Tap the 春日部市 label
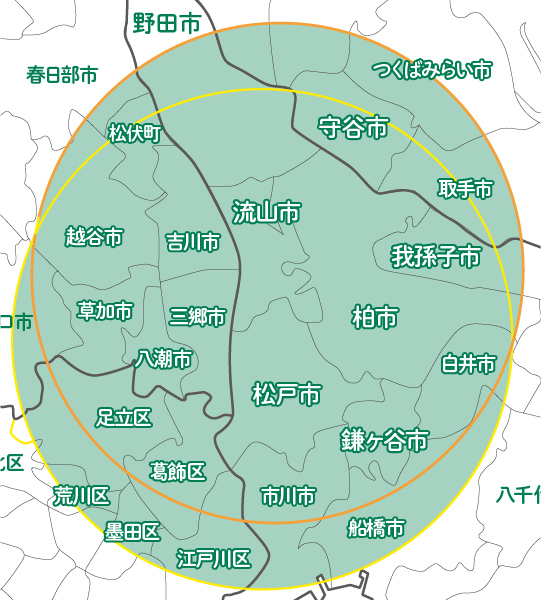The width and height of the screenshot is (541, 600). point(62,74)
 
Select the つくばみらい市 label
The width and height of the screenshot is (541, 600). point(432,70)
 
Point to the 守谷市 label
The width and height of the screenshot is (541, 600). point(353,128)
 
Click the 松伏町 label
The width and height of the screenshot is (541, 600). point(134,133)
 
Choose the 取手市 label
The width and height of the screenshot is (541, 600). point(465,188)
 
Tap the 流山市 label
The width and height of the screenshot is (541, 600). point(266,212)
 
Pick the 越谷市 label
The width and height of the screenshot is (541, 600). point(93,237)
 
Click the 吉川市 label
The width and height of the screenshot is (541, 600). point(192,242)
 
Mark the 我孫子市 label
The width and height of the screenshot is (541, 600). point(435,256)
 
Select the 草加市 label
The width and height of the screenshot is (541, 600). point(104,311)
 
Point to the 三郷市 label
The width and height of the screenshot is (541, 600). point(197,317)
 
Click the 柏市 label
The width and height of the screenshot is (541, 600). point(375,318)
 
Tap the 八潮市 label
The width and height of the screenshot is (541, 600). point(164,358)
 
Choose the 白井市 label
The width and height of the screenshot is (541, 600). point(468,364)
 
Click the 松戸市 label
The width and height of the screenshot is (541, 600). point(286,394)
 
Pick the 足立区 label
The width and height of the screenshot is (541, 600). point(123,417)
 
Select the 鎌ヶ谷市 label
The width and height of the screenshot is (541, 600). point(384,440)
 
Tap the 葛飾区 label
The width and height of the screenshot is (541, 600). point(178,471)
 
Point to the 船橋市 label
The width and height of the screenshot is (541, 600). point(376,527)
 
